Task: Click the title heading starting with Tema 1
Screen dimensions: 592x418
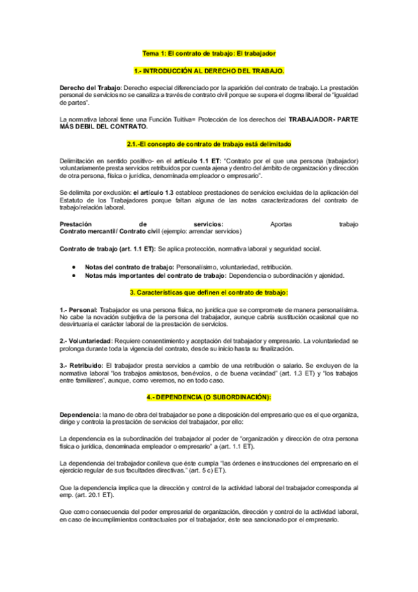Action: coord(209,53)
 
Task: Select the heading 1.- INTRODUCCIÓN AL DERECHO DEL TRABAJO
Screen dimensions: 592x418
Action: coord(209,71)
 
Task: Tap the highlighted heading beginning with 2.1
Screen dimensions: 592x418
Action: coord(209,144)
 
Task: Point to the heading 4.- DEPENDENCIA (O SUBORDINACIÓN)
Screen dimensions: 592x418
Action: coord(209,397)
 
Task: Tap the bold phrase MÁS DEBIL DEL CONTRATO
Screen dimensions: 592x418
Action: coord(104,126)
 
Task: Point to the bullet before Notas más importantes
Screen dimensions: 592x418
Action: coord(74,275)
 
